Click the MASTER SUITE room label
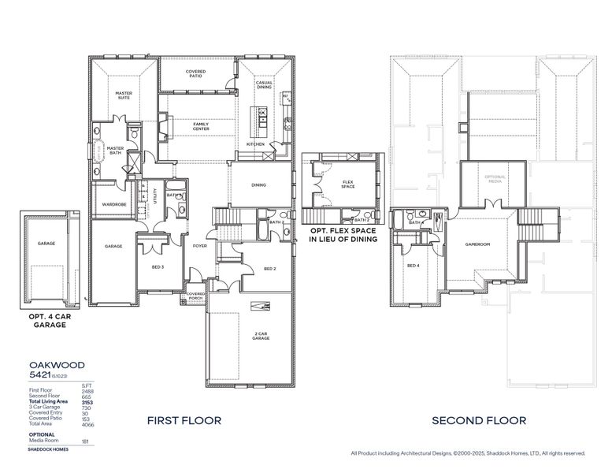(124, 95)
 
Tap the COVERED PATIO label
(196, 73)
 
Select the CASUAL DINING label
(264, 85)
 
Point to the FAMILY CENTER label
(201, 125)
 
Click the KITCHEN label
(256, 145)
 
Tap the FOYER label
(200, 246)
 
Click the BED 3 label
(158, 267)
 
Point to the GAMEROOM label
(477, 244)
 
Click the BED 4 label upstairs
(413, 266)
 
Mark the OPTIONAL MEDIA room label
(494, 178)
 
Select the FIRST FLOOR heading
(184, 421)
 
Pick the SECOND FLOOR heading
(478, 421)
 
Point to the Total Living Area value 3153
(87, 402)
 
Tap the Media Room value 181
(87, 441)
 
